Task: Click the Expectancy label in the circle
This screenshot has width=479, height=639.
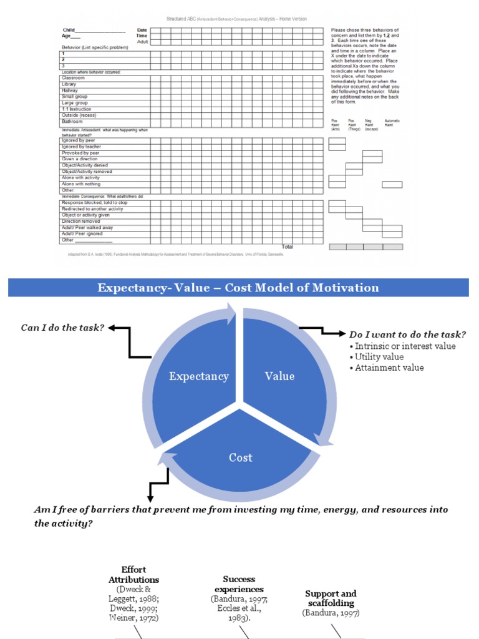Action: coord(199,376)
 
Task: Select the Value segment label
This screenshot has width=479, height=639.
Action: coord(279,376)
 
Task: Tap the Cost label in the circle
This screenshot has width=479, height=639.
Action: coord(240,457)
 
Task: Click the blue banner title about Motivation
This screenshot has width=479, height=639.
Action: coord(238,288)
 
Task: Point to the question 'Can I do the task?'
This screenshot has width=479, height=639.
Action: coord(62,327)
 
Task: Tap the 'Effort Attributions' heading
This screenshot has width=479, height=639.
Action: coord(134,575)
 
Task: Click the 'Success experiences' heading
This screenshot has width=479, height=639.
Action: coord(239,584)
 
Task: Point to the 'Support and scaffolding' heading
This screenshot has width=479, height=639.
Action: coord(331,598)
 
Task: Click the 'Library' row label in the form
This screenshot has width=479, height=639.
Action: coord(69,84)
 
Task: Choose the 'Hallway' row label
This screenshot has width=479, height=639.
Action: coord(70,90)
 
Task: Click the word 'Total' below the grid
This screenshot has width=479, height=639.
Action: coord(287,247)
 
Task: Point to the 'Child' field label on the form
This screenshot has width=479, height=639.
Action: coord(69,30)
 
